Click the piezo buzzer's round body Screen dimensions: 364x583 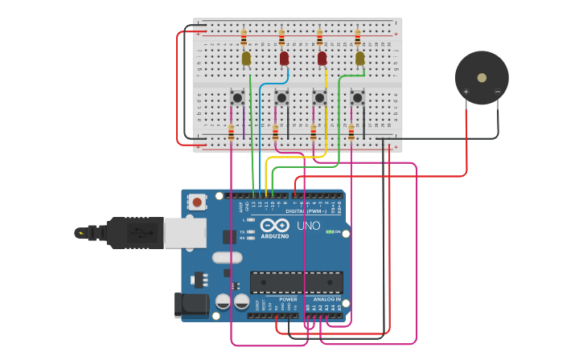481,78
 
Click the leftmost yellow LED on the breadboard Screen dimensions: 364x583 246,58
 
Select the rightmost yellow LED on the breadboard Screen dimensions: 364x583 359,58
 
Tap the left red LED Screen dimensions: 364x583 284,58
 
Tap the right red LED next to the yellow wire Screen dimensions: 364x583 322,58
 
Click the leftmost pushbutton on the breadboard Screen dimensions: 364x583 238,97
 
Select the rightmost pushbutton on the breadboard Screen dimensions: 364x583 357,97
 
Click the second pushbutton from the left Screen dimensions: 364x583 281,97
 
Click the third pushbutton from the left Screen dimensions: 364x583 319,97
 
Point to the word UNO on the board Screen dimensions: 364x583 308,226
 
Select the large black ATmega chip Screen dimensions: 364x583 296,282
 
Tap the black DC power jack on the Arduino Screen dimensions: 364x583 188,304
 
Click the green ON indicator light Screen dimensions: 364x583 329,231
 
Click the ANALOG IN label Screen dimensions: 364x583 326,299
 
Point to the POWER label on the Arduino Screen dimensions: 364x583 288,299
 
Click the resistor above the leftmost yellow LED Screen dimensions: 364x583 244,38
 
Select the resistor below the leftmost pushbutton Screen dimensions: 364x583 231,133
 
